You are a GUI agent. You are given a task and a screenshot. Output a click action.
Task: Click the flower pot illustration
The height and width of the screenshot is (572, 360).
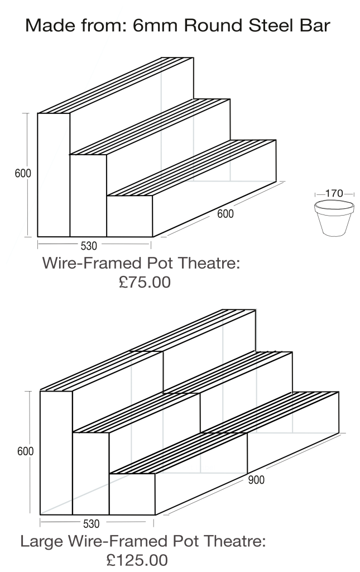[334, 218]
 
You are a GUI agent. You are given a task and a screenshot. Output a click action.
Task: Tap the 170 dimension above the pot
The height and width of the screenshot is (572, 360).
[334, 193]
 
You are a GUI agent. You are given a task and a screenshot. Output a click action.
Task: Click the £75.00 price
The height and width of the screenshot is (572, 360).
[145, 282]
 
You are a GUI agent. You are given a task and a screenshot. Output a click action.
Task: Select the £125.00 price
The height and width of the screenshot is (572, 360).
[137, 560]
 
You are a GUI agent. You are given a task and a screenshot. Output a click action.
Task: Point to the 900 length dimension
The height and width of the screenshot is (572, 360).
[256, 480]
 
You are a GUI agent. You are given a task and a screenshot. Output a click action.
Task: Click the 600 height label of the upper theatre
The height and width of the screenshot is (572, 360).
[22, 173]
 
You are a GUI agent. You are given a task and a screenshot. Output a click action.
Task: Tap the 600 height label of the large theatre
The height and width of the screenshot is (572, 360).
[25, 451]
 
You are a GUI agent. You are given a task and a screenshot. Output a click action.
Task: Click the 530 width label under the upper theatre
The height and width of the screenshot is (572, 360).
[89, 246]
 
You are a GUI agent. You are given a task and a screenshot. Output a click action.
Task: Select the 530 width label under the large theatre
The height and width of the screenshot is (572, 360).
[91, 524]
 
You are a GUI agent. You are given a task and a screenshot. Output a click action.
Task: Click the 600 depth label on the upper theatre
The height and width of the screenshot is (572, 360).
[225, 213]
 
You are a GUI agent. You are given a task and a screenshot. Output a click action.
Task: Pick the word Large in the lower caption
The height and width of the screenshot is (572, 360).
[42, 541]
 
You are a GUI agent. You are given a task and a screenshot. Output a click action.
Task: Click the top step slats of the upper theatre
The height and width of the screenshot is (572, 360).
[116, 85]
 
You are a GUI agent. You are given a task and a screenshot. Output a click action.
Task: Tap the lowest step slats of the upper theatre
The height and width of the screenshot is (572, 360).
[191, 168]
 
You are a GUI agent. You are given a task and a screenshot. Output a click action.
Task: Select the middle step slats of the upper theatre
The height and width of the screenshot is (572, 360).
[150, 127]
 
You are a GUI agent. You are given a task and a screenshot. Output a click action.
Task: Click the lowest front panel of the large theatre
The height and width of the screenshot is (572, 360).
[132, 494]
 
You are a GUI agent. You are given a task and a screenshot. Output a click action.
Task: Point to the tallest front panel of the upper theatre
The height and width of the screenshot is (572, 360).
[54, 175]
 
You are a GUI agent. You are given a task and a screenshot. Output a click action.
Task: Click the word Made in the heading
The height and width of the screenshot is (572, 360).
[46, 26]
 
